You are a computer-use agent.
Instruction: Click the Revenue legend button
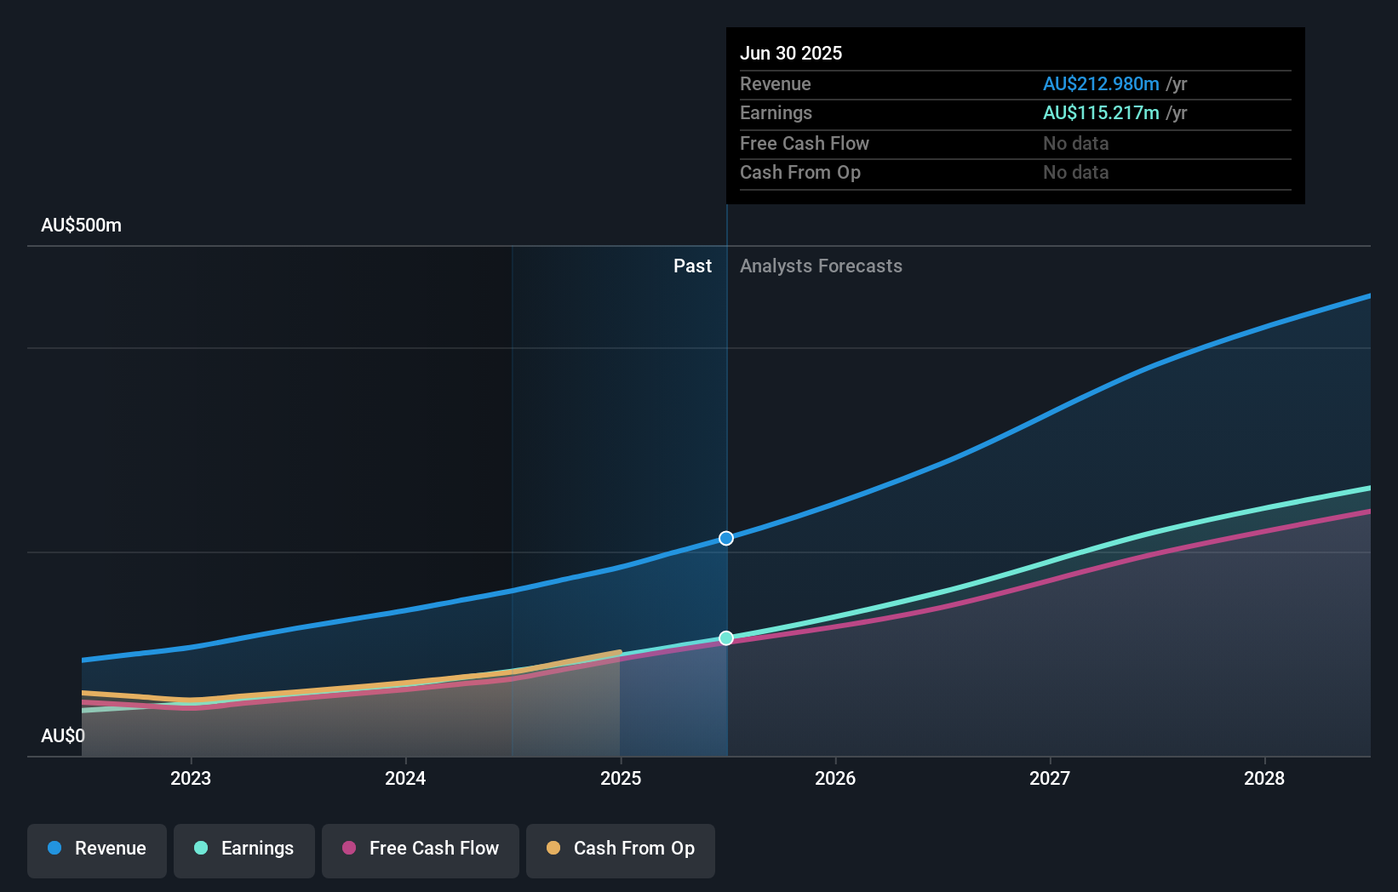tap(97, 849)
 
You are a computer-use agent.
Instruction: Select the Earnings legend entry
tap(244, 849)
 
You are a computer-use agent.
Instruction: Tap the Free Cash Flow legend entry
tap(421, 849)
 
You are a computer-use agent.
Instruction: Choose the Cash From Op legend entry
tap(621, 849)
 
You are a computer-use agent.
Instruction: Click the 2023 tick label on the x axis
tap(191, 778)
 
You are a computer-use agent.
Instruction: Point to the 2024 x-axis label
tap(405, 778)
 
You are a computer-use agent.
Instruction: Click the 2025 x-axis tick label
tap(621, 778)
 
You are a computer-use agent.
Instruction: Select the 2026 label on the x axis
tap(835, 778)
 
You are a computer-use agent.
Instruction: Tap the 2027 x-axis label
tap(1050, 778)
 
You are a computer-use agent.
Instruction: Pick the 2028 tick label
tap(1264, 778)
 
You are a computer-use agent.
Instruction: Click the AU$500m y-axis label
tap(81, 226)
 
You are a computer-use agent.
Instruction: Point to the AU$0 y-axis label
tap(63, 735)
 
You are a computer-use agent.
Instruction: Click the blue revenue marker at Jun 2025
tap(726, 538)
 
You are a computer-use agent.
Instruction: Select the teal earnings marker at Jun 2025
tap(726, 638)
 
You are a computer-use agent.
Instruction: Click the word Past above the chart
tap(692, 266)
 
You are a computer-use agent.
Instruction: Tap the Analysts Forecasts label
tap(821, 266)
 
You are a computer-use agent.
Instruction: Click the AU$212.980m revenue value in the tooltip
tap(1101, 84)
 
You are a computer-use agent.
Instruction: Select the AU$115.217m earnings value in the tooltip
tap(1101, 113)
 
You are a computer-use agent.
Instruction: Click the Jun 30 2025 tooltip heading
tap(791, 53)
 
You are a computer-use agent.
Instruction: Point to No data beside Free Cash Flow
tap(1076, 144)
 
